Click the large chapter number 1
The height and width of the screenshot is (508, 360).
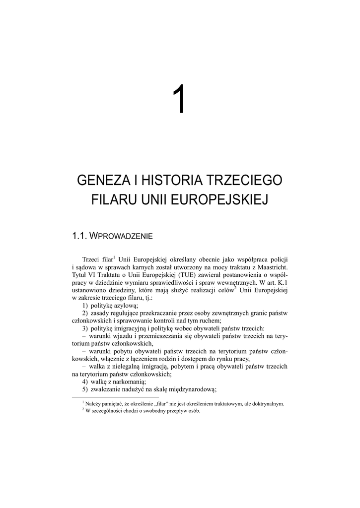tap(180, 99)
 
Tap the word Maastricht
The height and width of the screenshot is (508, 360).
tap(271, 267)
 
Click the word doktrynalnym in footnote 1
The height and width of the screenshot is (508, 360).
tap(269, 404)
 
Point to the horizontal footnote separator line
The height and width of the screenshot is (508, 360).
tap(115, 397)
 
